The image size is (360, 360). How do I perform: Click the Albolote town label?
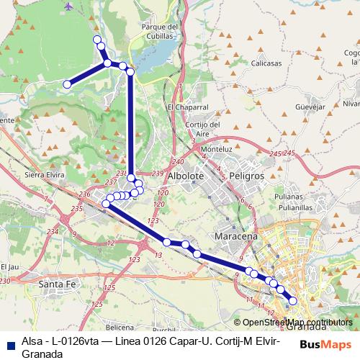186,176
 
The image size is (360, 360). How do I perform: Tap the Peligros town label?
243,176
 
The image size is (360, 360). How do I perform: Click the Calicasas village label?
266,63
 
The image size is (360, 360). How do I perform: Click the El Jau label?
9,267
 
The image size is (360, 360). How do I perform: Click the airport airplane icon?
68,6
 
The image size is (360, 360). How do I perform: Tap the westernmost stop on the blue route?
67,84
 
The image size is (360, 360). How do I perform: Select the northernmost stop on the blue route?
98,40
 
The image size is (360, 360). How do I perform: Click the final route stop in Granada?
292,301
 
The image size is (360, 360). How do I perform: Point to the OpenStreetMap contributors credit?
297,323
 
